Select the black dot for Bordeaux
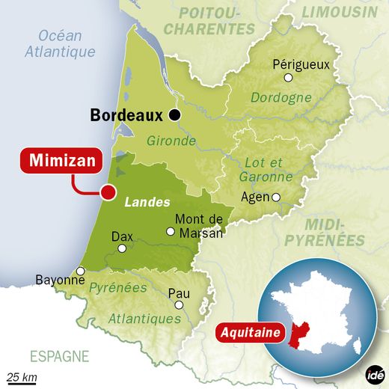174,115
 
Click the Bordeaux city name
126,115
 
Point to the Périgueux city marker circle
288,76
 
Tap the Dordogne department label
281,98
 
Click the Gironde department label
173,141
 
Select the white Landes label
147,202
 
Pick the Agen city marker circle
276,197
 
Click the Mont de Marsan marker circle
171,231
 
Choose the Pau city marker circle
179,304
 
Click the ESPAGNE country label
59,356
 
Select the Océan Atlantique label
60,43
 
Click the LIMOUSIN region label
340,13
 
